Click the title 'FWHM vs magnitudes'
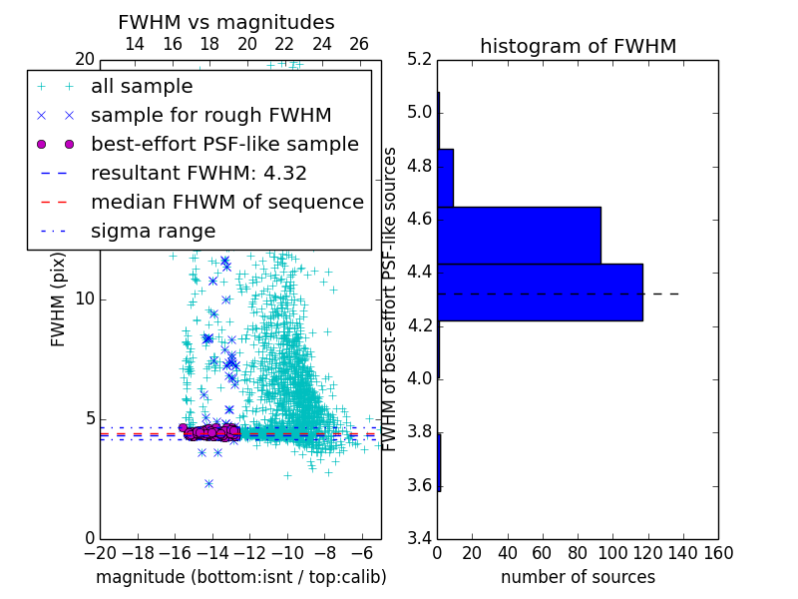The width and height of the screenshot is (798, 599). (226, 23)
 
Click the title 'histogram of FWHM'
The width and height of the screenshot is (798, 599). (578, 47)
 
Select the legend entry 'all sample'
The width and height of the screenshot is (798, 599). (142, 87)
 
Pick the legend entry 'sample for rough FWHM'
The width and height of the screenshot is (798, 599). (210, 116)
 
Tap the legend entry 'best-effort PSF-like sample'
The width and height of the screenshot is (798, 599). (224, 145)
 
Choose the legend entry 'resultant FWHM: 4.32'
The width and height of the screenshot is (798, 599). (199, 174)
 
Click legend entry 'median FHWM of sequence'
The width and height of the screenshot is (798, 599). (226, 203)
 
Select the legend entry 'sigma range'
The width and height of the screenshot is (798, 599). (153, 232)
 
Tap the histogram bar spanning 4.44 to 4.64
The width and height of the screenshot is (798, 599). (519, 235)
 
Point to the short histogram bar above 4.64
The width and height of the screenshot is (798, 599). (446, 178)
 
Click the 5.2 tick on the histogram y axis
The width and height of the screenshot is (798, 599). (419, 59)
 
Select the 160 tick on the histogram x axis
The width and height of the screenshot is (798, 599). (718, 552)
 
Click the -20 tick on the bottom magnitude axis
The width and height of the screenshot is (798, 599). (100, 552)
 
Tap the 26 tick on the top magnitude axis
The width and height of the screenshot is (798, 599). (359, 44)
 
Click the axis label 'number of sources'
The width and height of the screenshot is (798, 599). (578, 577)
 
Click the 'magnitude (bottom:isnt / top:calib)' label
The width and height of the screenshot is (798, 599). (240, 577)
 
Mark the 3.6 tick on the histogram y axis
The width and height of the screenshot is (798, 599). (419, 486)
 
